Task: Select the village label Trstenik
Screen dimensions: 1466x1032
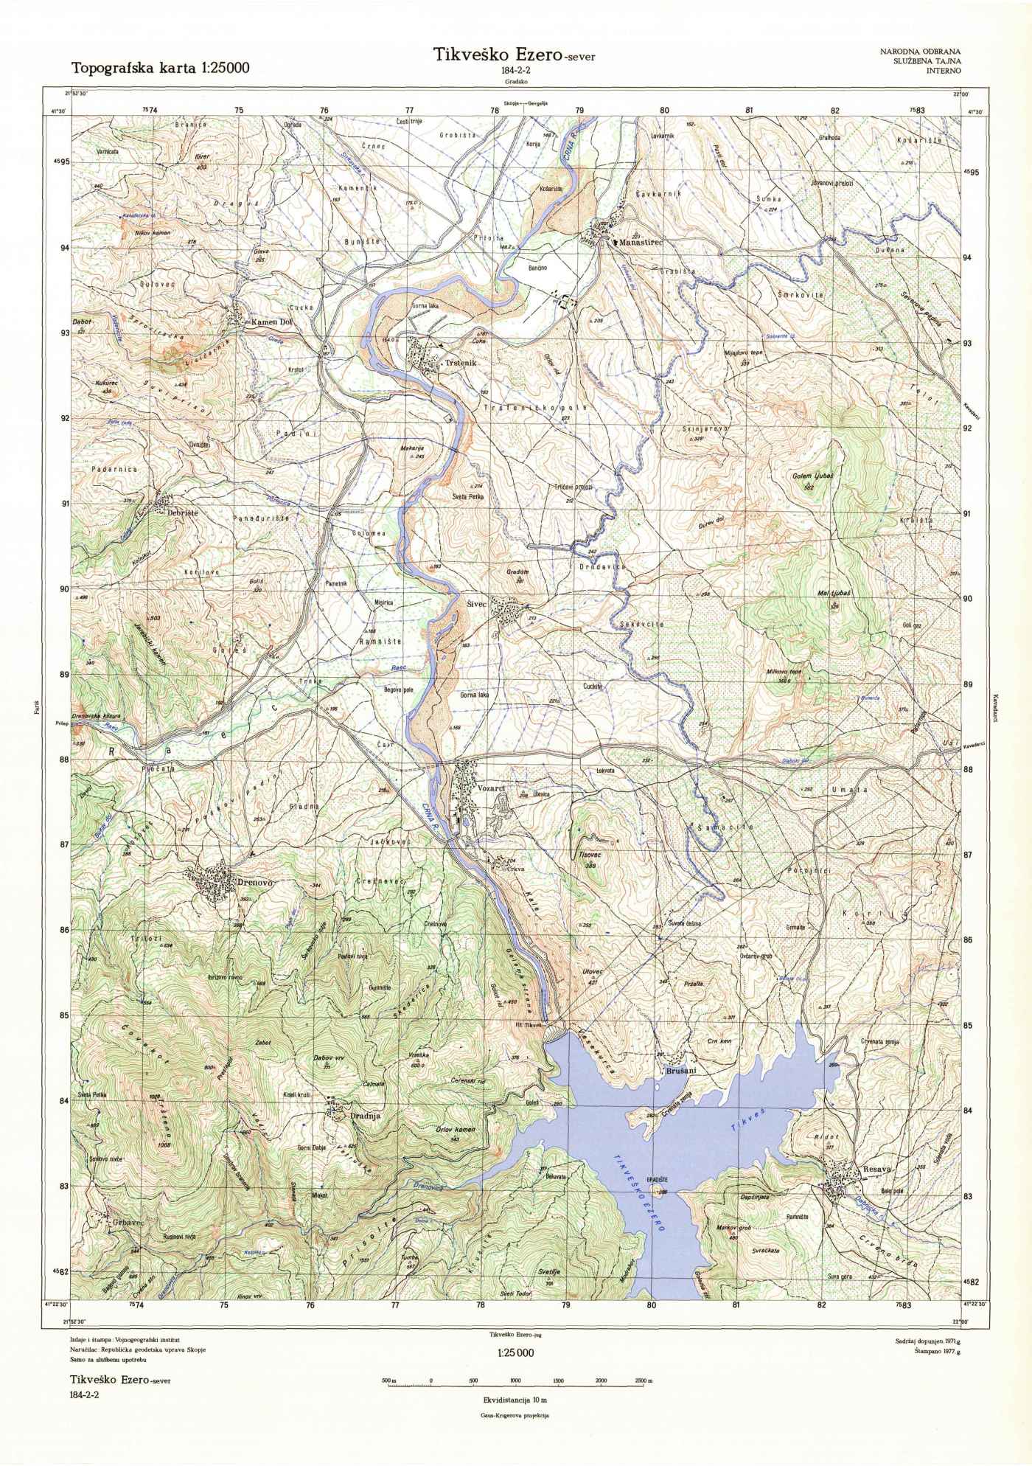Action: point(463,364)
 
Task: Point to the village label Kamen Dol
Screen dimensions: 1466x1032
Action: point(273,322)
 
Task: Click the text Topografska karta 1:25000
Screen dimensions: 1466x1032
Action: point(160,69)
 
